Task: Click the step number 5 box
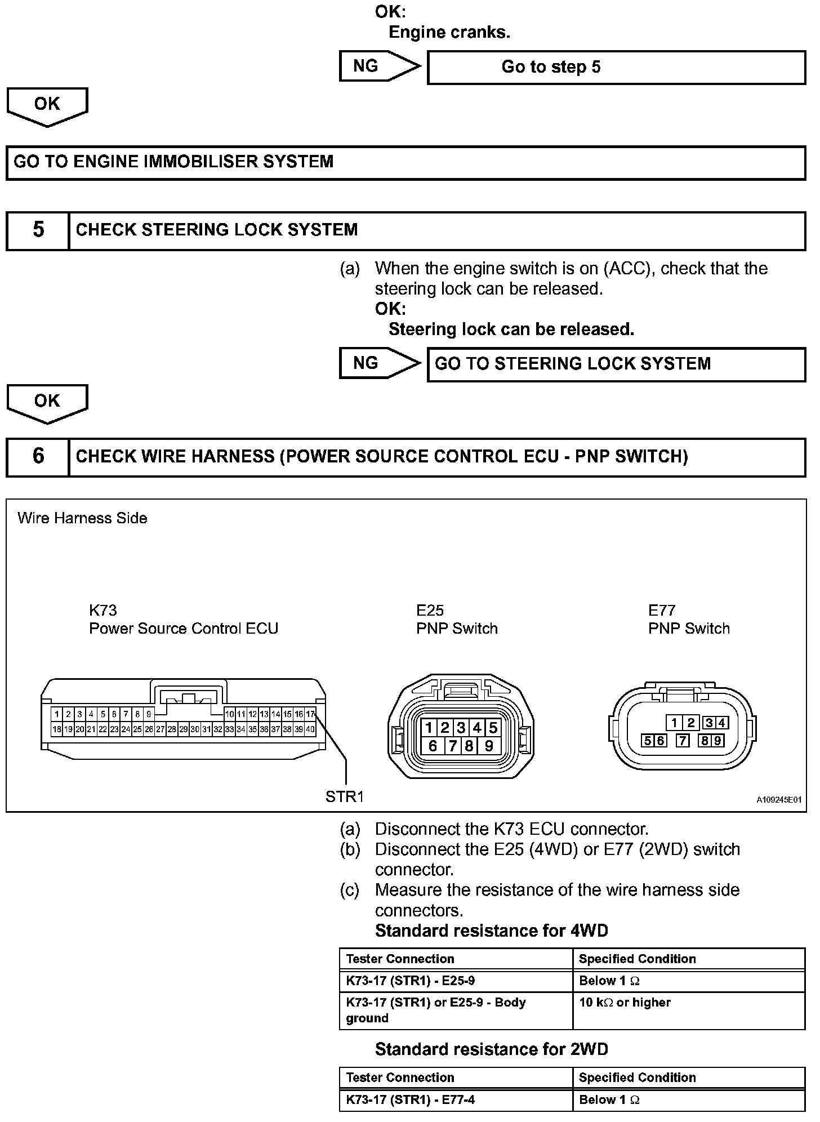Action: point(38,230)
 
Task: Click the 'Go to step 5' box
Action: point(616,67)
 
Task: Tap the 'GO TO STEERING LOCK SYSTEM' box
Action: point(616,364)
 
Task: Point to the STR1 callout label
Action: point(345,796)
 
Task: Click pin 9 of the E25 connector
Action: point(489,746)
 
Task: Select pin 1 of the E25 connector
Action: point(429,728)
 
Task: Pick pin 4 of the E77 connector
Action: point(721,723)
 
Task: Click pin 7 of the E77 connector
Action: point(683,741)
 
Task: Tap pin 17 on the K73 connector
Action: point(310,714)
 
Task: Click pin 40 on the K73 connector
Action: point(310,729)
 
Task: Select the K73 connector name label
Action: point(103,610)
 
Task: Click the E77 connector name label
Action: point(662,610)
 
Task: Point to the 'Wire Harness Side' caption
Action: point(82,518)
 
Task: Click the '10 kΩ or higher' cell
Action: point(625,1003)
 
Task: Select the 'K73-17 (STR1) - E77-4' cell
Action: point(411,1099)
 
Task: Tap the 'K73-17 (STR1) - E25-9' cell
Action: point(411,981)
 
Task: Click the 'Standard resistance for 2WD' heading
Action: point(491,1049)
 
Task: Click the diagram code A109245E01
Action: point(779,799)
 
